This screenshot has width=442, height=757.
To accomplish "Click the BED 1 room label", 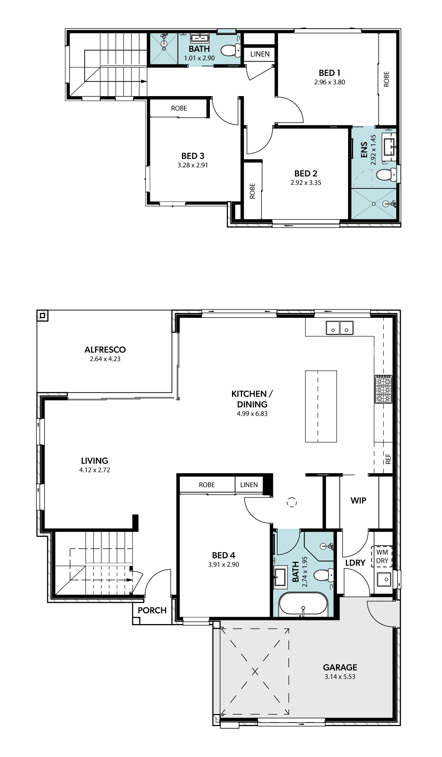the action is pyautogui.click(x=329, y=73).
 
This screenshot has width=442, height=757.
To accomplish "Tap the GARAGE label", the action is pyautogui.click(x=340, y=667).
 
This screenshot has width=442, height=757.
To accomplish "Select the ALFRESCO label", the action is pyautogui.click(x=105, y=349).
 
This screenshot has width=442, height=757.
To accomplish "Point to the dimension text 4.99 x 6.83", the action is pyautogui.click(x=252, y=413).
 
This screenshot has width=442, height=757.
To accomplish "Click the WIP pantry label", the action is pyautogui.click(x=358, y=500).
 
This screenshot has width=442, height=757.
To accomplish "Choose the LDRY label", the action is pyautogui.click(x=355, y=563).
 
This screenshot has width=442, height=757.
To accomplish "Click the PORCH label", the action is pyautogui.click(x=152, y=610).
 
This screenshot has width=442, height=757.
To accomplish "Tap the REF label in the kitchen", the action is pyautogui.click(x=388, y=459).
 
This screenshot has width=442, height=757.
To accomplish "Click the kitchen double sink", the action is pyautogui.click(x=340, y=328).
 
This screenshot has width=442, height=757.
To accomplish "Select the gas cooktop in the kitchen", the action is pyautogui.click(x=383, y=389).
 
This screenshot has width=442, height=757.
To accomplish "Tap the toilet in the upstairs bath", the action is pyautogui.click(x=232, y=50).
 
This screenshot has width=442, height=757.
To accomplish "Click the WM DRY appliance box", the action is pyautogui.click(x=382, y=556).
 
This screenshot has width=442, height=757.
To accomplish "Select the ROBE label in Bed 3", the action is pyautogui.click(x=179, y=108).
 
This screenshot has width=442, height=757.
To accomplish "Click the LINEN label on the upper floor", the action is pyautogui.click(x=260, y=54).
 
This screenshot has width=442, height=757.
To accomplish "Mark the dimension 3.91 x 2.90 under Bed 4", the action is pyautogui.click(x=223, y=564).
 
